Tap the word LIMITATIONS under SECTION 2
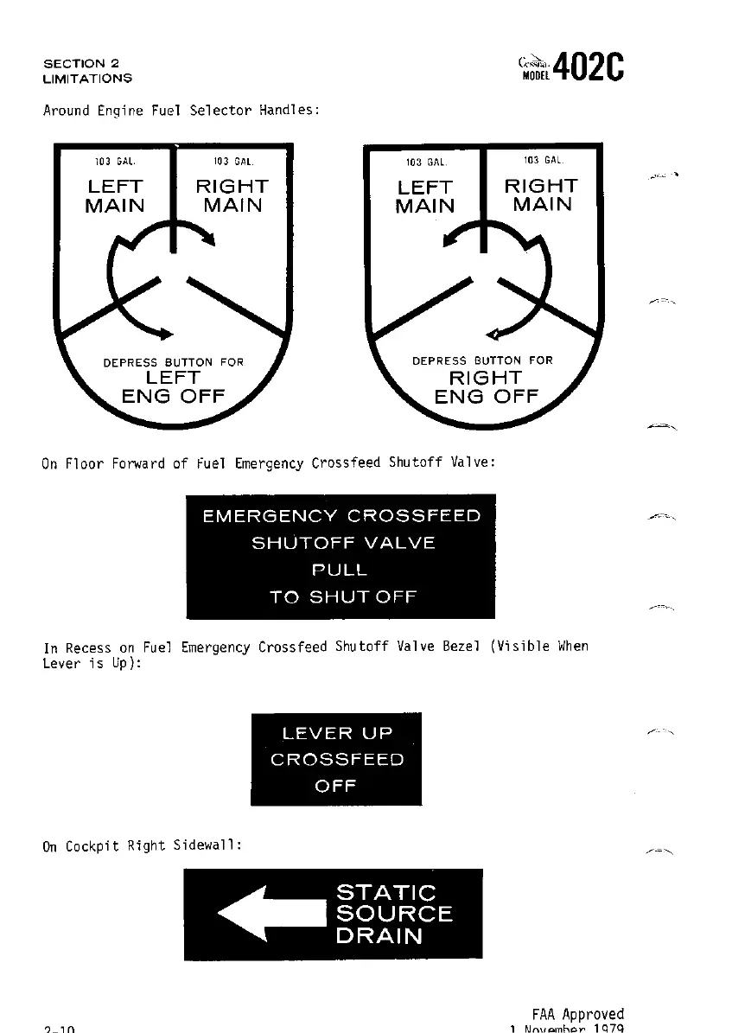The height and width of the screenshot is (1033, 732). click(87, 79)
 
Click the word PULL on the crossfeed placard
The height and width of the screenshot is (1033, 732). click(340, 571)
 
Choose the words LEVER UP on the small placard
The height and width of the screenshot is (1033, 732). click(337, 734)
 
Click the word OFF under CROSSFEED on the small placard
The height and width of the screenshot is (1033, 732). click(336, 787)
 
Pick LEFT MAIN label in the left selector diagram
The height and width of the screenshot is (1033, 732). click(114, 196)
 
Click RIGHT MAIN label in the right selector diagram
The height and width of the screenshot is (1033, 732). click(542, 195)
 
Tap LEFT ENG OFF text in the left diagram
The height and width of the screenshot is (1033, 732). click(173, 388)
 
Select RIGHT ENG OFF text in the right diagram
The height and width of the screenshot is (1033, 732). click(486, 388)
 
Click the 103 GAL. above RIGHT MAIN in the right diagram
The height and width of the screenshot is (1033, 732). click(543, 161)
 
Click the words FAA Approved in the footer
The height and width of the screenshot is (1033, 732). click(577, 1014)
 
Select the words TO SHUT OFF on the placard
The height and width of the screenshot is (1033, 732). click(343, 597)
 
